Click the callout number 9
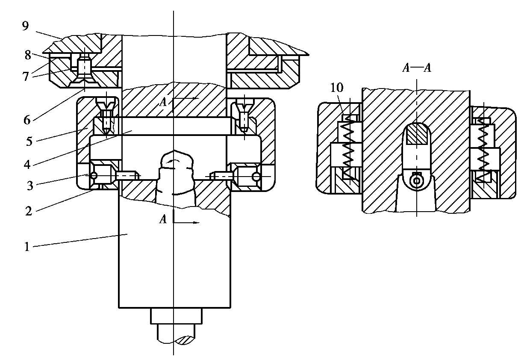[25, 26]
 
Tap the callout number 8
[28, 55]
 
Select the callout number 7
[26, 77]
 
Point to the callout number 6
[27, 120]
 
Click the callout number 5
[29, 142]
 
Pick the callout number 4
[27, 165]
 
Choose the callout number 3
[30, 186]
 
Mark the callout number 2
[29, 211]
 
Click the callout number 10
[337, 88]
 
